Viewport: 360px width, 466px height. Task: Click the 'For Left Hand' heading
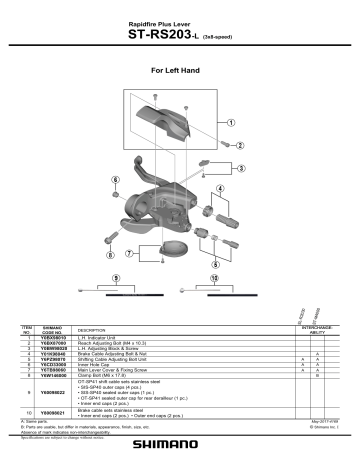coord(180,72)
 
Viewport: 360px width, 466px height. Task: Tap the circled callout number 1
coord(232,124)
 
